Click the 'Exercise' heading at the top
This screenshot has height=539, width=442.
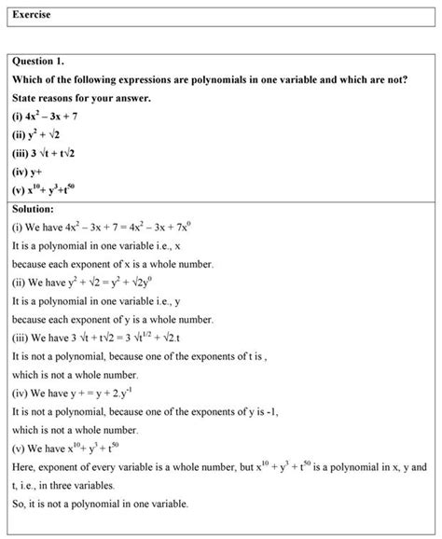[32, 15]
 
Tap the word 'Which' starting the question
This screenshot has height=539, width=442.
[29, 79]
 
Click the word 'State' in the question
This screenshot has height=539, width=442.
[26, 98]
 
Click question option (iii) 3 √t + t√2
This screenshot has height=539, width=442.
[48, 154]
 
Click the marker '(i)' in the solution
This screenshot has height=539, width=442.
[18, 228]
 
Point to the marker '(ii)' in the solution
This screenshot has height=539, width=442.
[20, 283]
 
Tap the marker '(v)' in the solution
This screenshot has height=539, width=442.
[19, 447]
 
